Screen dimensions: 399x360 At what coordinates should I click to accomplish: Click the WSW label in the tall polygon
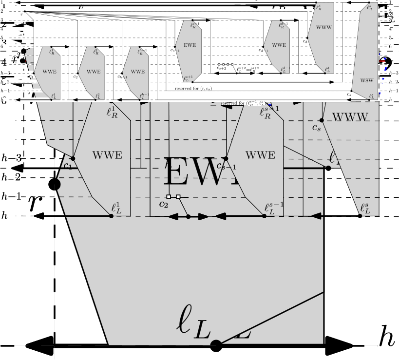pos(366,80)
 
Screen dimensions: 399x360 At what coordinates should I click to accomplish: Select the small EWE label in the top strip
pos(190,45)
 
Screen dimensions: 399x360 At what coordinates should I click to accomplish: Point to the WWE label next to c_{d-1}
pos(279,45)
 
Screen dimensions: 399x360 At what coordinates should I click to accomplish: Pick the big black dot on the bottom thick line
pos(216,346)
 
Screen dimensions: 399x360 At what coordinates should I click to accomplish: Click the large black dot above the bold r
pos(55,184)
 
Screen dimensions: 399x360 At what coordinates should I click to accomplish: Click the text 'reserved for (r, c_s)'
pos(193,89)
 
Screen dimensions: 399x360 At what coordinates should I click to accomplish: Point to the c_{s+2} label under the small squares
pos(221,69)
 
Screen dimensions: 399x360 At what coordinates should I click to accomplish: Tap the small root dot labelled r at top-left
pos(24,12)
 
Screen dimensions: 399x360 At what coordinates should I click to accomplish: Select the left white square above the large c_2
pos(168,196)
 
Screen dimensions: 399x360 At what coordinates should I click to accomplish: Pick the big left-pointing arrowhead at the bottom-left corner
pos(39,345)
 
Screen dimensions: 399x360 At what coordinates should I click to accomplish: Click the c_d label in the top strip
pos(305,41)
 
